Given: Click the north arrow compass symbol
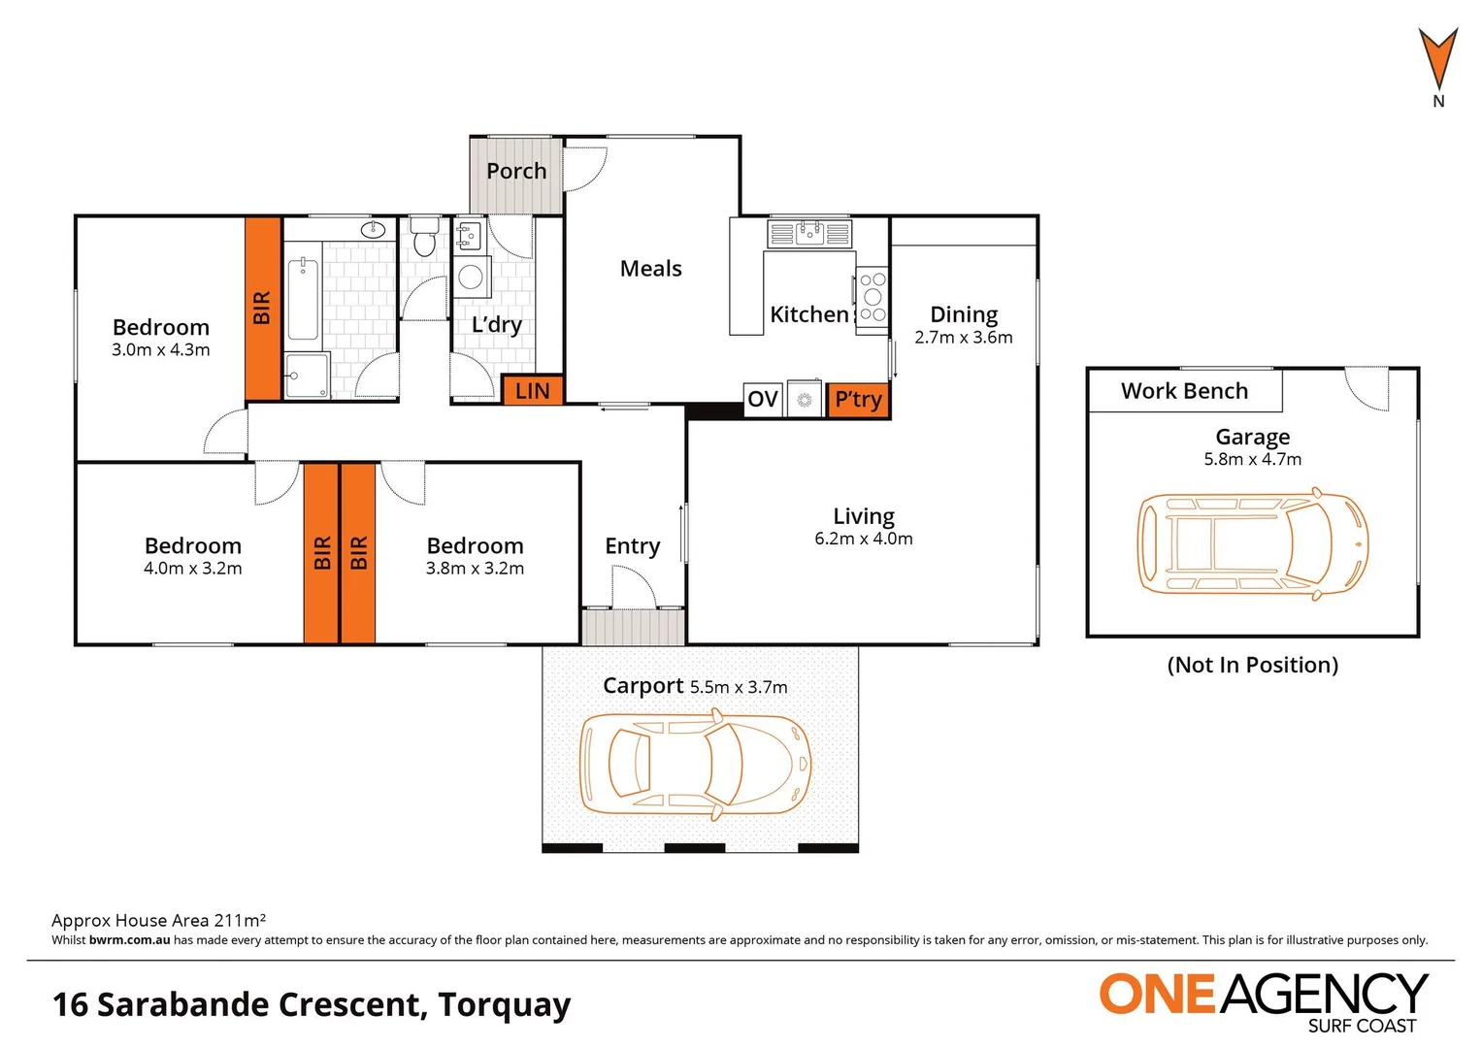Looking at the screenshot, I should (1437, 63).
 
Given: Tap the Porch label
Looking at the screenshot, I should (516, 172).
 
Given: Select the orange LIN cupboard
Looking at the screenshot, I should (532, 391).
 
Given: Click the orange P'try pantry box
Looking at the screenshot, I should (858, 399).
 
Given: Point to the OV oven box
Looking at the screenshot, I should (763, 399).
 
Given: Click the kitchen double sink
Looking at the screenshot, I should (808, 233).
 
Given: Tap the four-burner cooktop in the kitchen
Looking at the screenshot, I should (872, 297).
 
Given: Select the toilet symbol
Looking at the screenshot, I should (424, 238).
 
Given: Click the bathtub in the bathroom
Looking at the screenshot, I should (304, 299).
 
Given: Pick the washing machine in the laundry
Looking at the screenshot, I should (472, 278).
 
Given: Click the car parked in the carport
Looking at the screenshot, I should (695, 763).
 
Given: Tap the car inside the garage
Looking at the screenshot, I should (1252, 543).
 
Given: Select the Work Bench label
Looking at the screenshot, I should (1184, 391).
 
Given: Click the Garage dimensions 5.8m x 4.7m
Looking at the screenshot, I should (1252, 460).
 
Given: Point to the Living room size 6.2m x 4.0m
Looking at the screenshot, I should (863, 540).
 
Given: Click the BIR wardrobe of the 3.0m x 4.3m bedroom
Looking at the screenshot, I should (262, 309).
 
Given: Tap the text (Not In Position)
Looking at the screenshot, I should (1252, 666).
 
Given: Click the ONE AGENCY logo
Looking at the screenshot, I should (1263, 999).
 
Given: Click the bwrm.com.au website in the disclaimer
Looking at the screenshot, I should (129, 940).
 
